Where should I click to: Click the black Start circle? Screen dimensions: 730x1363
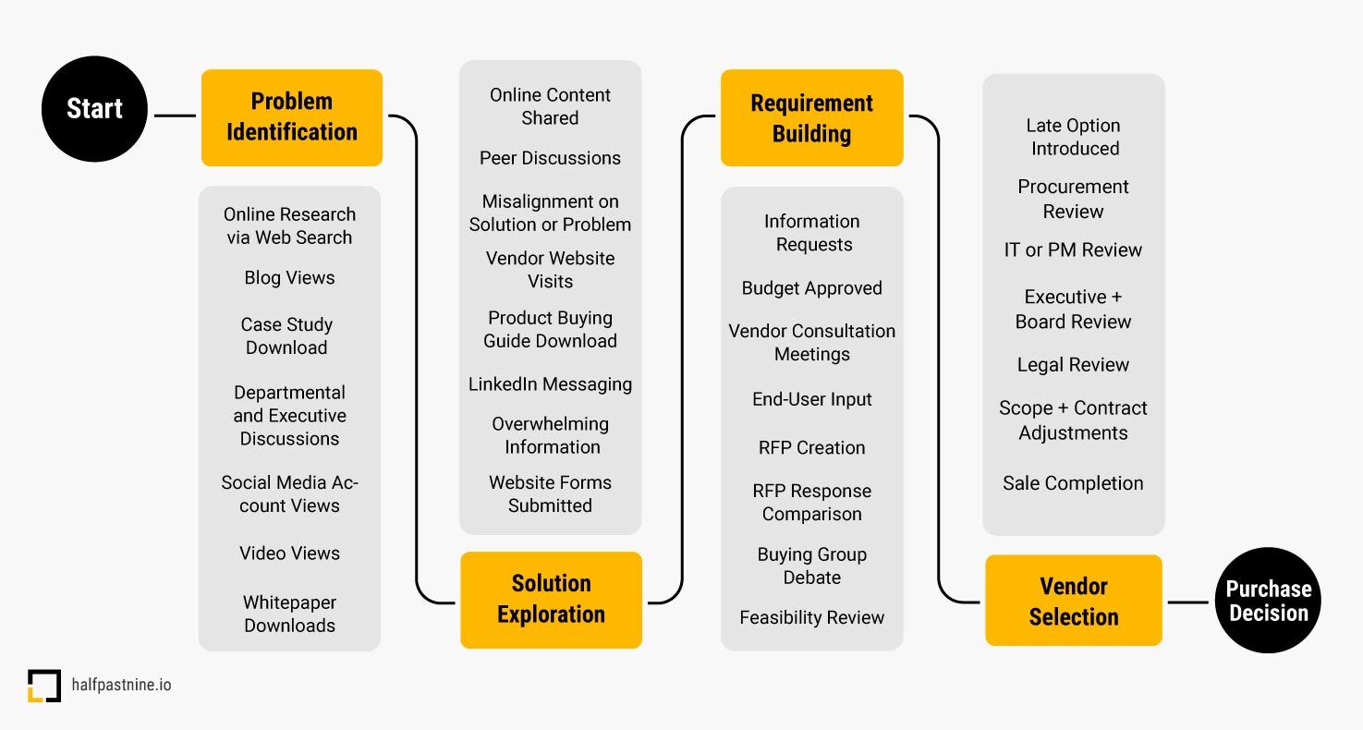point(94,109)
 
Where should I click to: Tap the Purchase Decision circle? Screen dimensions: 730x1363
point(1268,601)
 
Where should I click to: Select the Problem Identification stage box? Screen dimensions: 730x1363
point(292,117)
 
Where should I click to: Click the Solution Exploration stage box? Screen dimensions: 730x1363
point(551,600)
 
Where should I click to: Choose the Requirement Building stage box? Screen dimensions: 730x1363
point(811,118)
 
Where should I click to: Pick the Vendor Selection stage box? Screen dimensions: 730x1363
point(1073,601)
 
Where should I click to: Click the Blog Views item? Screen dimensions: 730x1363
point(289,278)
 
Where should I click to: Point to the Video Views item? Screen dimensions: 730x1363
point(289,554)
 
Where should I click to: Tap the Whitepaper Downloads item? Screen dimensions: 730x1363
point(289,614)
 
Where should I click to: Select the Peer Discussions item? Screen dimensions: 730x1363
point(550,158)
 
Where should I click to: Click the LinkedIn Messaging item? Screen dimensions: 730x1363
point(550,384)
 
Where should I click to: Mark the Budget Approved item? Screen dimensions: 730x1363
point(811,288)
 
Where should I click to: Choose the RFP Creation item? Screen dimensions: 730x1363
point(811,447)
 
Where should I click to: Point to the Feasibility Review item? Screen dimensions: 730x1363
point(811,617)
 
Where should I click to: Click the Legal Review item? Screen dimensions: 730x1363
point(1073,365)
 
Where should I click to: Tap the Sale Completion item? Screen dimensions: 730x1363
point(1073,483)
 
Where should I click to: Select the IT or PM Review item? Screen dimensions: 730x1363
point(1073,250)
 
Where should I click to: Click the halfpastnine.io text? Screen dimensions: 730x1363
point(121,686)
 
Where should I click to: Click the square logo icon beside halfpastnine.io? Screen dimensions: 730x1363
point(43,686)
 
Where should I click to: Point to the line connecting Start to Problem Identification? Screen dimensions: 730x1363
point(175,116)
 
